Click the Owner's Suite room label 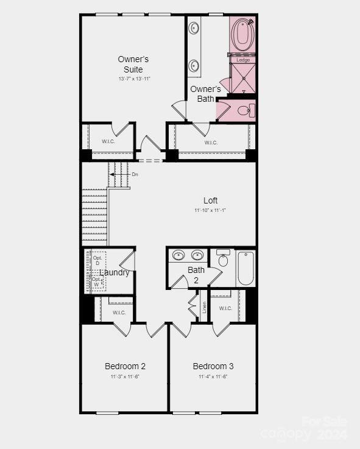point(133,64)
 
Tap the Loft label point(210,200)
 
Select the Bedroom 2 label point(125,366)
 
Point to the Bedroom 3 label point(213,366)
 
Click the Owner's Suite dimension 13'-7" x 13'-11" point(133,79)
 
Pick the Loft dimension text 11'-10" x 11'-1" point(210,210)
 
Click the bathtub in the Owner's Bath point(242,36)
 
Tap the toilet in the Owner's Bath point(245,110)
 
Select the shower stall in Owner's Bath point(243,77)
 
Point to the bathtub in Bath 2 point(245,268)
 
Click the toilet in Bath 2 point(223,260)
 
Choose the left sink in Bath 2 point(178,256)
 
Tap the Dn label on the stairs point(135,175)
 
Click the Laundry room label point(114,272)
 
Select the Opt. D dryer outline point(96,260)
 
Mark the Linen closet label point(205,307)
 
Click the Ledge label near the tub point(243,60)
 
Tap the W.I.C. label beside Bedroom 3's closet point(225,308)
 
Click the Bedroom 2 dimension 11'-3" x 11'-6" point(125,377)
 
